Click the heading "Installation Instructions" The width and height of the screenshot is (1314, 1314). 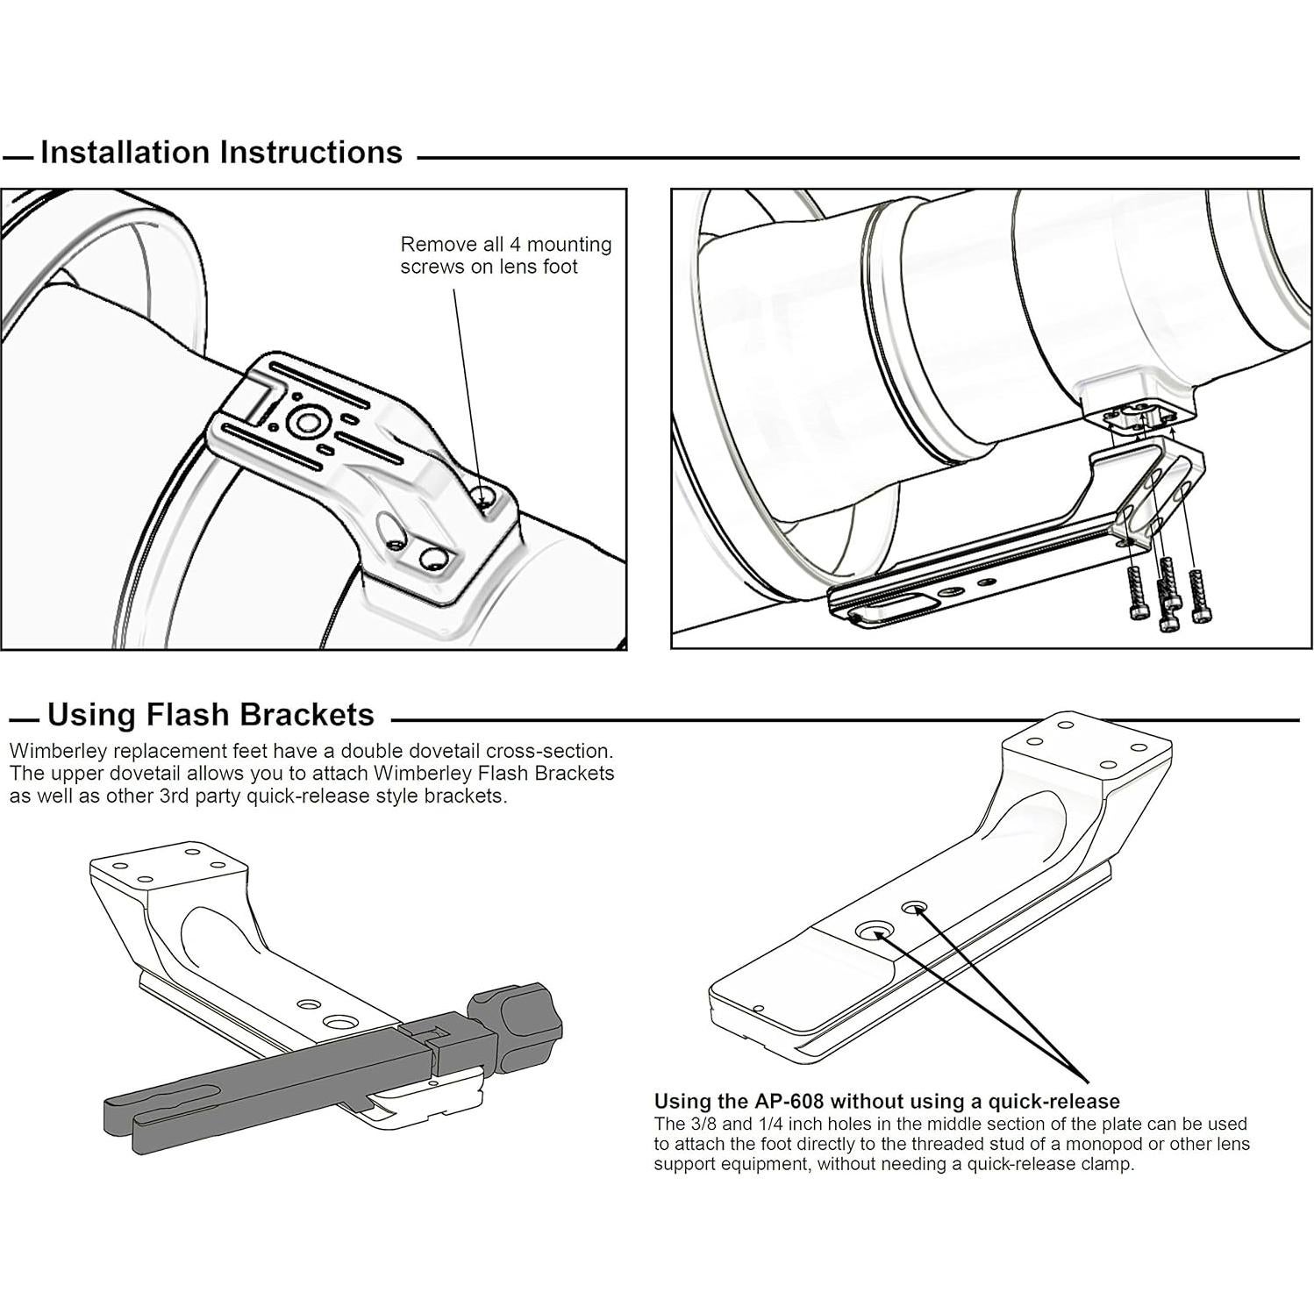click(x=221, y=153)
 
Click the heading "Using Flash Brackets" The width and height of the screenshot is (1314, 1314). click(x=211, y=715)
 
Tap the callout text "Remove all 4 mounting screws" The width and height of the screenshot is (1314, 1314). click(x=506, y=255)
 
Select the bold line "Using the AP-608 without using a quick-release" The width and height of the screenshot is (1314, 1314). click(x=887, y=1102)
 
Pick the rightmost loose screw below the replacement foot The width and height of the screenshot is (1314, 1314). click(x=1196, y=596)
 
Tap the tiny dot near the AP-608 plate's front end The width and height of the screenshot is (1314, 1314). click(x=759, y=1008)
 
